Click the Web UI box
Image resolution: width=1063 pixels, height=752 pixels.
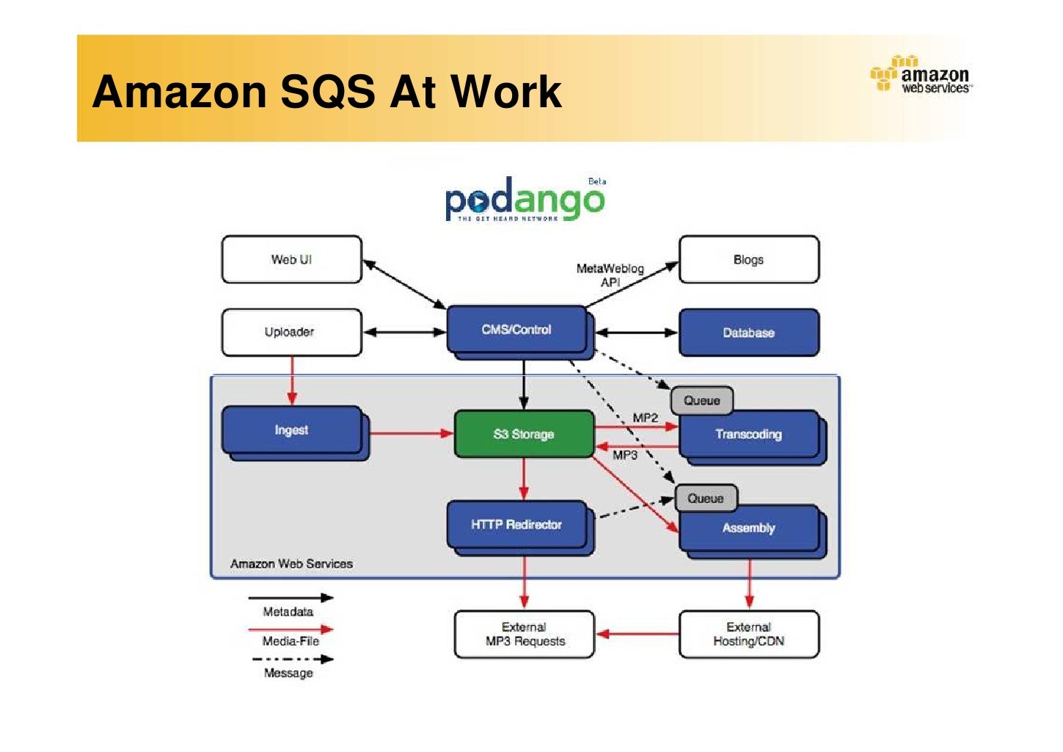pyautogui.click(x=291, y=259)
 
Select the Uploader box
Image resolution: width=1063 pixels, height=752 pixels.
pyautogui.click(x=291, y=332)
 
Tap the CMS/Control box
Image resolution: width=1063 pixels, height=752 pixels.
pyautogui.click(x=516, y=330)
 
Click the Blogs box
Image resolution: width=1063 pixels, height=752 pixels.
pyautogui.click(x=748, y=259)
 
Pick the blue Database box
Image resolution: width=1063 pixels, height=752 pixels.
pyautogui.click(x=748, y=333)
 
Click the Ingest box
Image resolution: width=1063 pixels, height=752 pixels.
pyautogui.click(x=291, y=430)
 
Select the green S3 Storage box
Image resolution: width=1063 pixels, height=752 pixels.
pyautogui.click(x=524, y=434)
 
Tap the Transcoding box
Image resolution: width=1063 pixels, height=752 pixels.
pyautogui.click(x=748, y=435)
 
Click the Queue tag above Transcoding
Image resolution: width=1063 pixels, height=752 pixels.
pyautogui.click(x=702, y=400)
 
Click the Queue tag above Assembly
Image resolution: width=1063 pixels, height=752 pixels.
pyautogui.click(x=706, y=498)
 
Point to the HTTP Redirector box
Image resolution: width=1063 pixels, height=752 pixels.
pyautogui.click(x=516, y=524)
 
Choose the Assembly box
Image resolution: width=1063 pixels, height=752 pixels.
pyautogui.click(x=748, y=528)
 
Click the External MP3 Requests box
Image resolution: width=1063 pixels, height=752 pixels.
pyautogui.click(x=524, y=634)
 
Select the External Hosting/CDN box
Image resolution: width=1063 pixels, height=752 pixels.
pyautogui.click(x=748, y=634)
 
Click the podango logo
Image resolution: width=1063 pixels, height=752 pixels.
pyautogui.click(x=525, y=200)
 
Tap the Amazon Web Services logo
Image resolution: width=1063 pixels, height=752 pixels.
pyautogui.click(x=921, y=75)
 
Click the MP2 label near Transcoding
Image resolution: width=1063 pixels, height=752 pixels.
pyautogui.click(x=645, y=418)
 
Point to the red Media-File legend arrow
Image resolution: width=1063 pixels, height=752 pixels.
pyautogui.click(x=291, y=629)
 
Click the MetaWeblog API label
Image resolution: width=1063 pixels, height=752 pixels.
pyautogui.click(x=610, y=275)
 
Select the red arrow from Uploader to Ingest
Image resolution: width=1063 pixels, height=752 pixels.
pyautogui.click(x=292, y=380)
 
